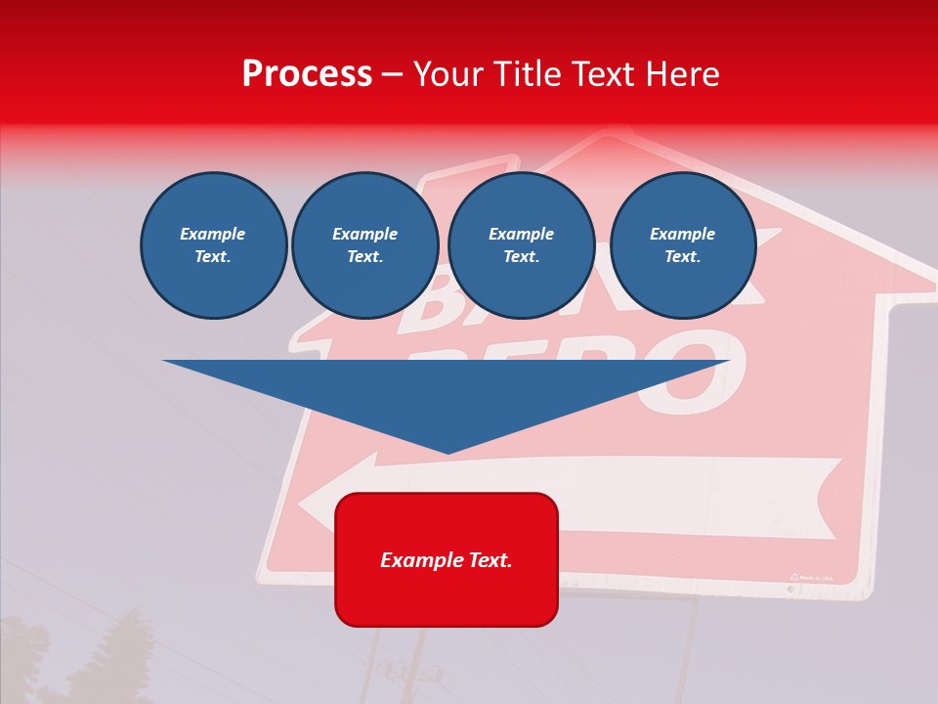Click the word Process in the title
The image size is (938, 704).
[307, 74]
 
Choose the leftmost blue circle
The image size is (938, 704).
[214, 245]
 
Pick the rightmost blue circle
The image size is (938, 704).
[683, 245]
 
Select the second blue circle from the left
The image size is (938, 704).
[365, 245]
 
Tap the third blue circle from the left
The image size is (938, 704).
[522, 245]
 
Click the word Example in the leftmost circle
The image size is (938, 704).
[213, 234]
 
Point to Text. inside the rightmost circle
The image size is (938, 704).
[683, 257]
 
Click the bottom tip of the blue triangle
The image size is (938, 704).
[448, 451]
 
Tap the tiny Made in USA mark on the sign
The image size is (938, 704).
[812, 578]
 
